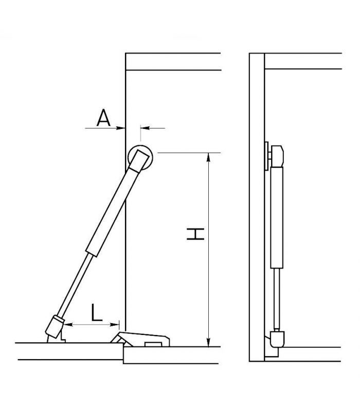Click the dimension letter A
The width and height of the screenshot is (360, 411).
pos(104,118)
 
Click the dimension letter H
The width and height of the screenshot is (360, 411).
pos(195,234)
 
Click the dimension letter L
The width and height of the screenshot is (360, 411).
pos(96,312)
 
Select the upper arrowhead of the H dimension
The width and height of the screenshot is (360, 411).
pos(208,157)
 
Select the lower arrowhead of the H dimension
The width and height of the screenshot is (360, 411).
pos(208,342)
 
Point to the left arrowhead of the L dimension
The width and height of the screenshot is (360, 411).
pos(68,325)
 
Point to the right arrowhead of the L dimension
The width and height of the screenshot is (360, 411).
pos(115,325)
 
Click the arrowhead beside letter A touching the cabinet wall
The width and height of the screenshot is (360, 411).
pos(121,128)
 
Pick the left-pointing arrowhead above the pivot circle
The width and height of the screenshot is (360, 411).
pos(145,128)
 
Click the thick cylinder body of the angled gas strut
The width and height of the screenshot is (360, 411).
pos(113,212)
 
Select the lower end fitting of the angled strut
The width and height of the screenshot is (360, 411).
pos(55,326)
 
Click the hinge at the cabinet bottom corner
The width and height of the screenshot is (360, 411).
pos(140,339)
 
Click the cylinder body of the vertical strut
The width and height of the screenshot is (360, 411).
pos(277,217)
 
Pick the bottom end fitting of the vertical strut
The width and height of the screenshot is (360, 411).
pos(277,339)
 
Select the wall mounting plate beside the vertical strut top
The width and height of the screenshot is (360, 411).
pos(266,156)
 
